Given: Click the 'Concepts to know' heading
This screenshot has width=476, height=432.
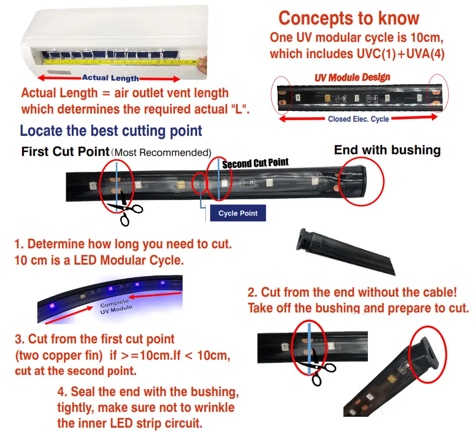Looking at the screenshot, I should [348, 18].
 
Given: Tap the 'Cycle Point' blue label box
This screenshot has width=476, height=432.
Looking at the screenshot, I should [238, 213].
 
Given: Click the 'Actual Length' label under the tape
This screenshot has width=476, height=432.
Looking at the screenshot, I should [110, 78].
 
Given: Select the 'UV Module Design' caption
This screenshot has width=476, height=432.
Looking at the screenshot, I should [352, 77].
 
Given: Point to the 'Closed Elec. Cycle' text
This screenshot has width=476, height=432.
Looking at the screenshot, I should [358, 118].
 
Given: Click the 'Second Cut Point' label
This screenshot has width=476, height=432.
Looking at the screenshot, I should [255, 163].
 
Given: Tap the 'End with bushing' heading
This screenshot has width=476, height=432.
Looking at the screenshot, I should [387, 150].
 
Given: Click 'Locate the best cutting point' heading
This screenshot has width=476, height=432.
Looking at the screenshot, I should [111, 131].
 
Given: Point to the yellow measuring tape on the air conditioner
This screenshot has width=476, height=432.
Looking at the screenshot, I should [120, 61].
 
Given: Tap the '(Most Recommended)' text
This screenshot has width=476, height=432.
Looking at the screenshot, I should [161, 153].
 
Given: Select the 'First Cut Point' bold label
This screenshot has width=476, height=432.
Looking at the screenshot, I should [65, 152].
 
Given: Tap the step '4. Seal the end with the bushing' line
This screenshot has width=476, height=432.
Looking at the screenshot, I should [148, 392].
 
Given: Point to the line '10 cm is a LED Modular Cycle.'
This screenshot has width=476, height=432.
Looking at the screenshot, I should [99, 260].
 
